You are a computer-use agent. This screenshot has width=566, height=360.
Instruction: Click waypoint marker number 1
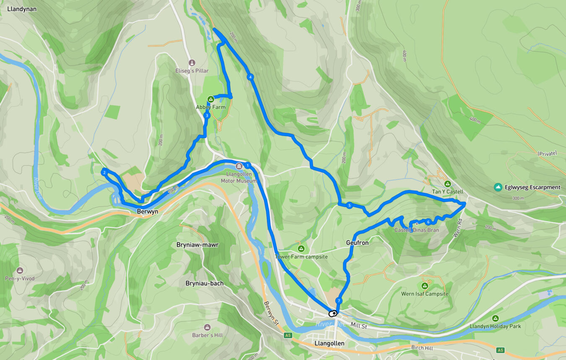248,165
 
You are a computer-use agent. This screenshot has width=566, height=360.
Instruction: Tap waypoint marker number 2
104,172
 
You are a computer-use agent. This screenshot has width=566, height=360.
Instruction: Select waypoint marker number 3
207,115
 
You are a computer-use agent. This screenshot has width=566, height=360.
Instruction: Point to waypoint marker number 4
250,77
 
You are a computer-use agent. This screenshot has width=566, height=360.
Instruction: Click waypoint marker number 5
349,205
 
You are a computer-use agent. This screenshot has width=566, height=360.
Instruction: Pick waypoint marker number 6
428,222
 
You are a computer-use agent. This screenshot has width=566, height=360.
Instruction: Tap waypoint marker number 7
338,301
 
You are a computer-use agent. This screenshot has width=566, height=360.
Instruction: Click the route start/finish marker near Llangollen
332,313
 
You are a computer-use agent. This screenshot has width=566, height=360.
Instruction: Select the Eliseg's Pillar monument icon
192,63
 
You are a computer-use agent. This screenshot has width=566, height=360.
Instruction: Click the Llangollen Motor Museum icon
239,166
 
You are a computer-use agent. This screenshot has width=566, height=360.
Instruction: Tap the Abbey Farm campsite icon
211,99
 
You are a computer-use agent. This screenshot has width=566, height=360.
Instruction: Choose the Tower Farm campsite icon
301,248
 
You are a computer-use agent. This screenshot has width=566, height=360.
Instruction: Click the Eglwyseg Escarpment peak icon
498,187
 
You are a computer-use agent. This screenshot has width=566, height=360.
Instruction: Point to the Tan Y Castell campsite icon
447,184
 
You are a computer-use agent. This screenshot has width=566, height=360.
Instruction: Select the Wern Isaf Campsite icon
424,286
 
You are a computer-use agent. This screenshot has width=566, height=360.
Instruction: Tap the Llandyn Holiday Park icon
495,318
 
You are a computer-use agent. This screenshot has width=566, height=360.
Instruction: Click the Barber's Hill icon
207,327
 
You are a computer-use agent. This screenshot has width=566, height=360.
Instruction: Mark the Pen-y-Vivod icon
20,271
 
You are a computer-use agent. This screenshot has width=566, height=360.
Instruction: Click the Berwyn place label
148,212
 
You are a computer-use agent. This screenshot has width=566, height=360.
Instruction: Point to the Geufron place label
357,243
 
